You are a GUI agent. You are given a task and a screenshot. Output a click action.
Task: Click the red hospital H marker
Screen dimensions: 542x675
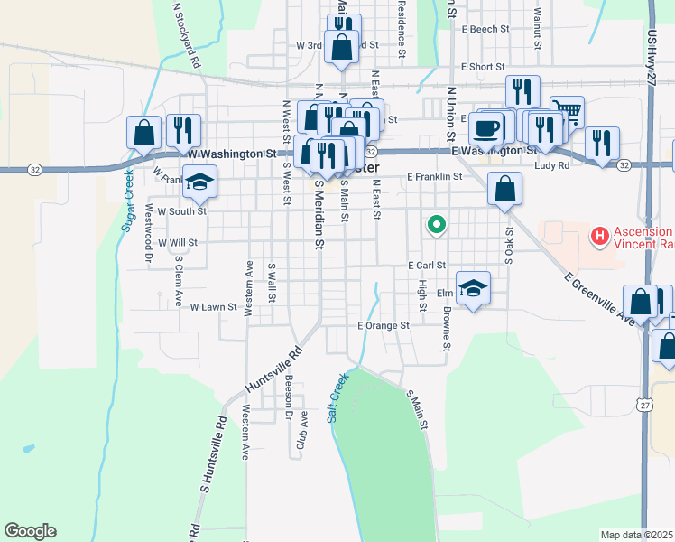click(x=598, y=238)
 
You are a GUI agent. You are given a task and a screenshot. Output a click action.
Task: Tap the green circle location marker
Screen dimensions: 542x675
click(x=437, y=223)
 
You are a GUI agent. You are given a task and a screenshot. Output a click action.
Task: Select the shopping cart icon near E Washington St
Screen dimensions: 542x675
click(x=567, y=112)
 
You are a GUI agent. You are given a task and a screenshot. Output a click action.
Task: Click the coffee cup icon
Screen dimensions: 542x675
click(x=487, y=126)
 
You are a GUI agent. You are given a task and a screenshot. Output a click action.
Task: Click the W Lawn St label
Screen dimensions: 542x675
click(x=212, y=307)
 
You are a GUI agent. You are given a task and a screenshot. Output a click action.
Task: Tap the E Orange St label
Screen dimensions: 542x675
click(x=384, y=325)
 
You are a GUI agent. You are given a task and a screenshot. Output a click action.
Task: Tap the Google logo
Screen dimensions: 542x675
click(x=30, y=531)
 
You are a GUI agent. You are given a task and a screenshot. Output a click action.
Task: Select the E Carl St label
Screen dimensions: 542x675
click(x=427, y=266)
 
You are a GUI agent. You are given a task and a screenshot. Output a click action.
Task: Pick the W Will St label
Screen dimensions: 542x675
click(x=177, y=243)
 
